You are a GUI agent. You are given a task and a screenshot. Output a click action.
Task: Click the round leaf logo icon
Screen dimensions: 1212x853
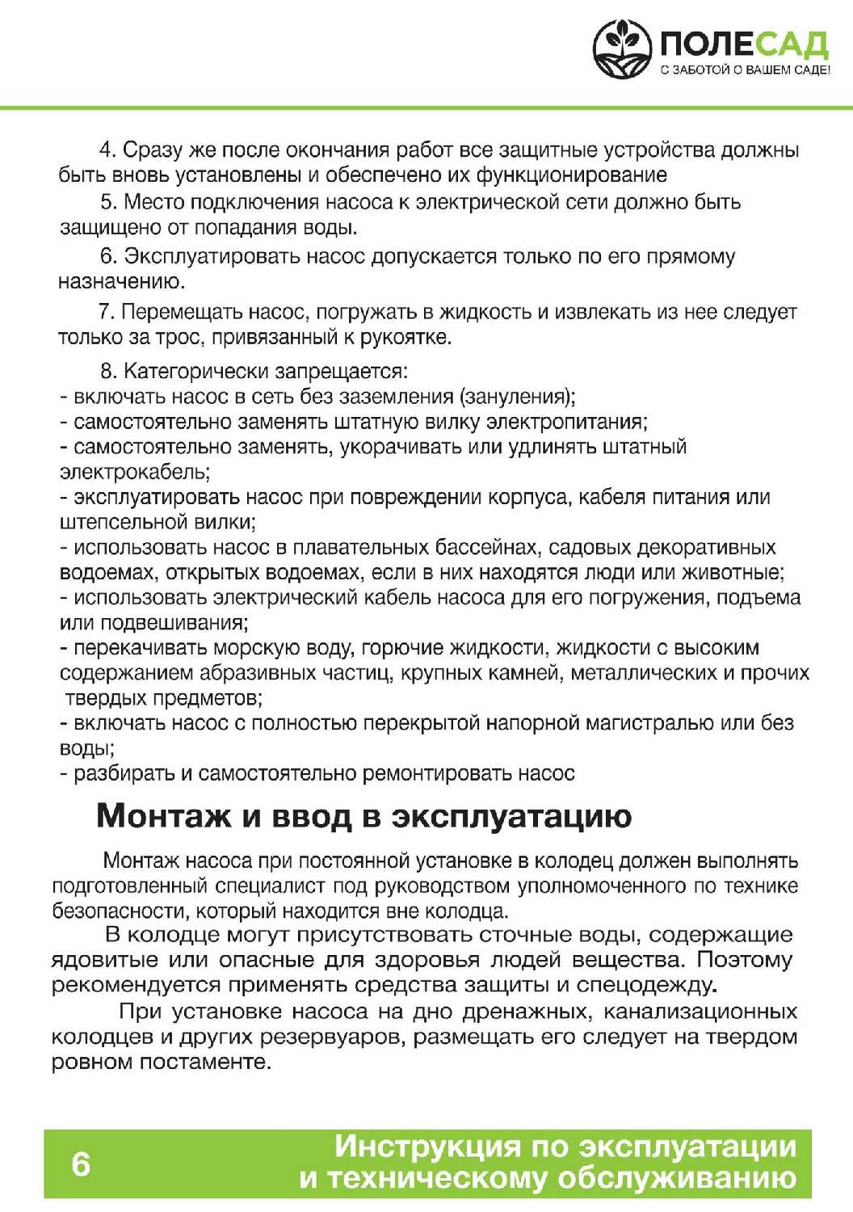(x=622, y=49)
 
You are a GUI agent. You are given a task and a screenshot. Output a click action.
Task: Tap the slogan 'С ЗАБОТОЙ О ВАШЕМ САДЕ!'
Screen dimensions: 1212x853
(x=745, y=70)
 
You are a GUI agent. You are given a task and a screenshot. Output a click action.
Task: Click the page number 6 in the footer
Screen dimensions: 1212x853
(x=81, y=1164)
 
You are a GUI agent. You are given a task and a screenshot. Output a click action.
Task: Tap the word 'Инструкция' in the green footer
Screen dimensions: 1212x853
(x=427, y=1147)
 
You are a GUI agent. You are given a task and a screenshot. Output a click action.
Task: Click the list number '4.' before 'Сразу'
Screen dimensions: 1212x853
(x=109, y=150)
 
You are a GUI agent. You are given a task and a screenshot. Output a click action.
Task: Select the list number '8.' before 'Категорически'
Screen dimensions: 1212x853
(x=109, y=372)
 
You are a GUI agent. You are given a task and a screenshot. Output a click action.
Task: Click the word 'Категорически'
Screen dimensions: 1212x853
(x=196, y=372)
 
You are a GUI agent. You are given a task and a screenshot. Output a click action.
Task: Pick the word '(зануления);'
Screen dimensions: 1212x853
(x=518, y=397)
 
